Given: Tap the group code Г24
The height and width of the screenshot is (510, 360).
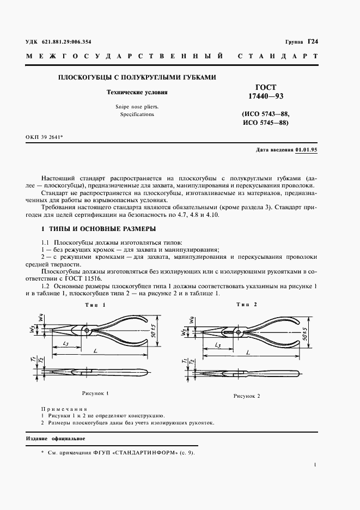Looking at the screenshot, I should [x=312, y=41].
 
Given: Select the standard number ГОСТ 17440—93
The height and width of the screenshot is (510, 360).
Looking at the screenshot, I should [x=266, y=91].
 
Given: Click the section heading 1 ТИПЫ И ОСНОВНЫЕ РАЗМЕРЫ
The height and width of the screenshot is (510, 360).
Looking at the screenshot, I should [x=91, y=228].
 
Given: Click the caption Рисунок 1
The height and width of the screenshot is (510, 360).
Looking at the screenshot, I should [x=96, y=393].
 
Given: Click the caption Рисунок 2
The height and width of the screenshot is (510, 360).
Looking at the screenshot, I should [x=247, y=396].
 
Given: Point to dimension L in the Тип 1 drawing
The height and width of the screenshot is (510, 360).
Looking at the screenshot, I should [x=96, y=354].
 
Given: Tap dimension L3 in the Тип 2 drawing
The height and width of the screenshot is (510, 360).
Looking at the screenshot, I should [x=217, y=345].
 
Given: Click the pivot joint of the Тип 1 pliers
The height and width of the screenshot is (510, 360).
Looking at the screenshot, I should [x=87, y=331].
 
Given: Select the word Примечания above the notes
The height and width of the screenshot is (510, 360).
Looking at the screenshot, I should [x=64, y=408].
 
